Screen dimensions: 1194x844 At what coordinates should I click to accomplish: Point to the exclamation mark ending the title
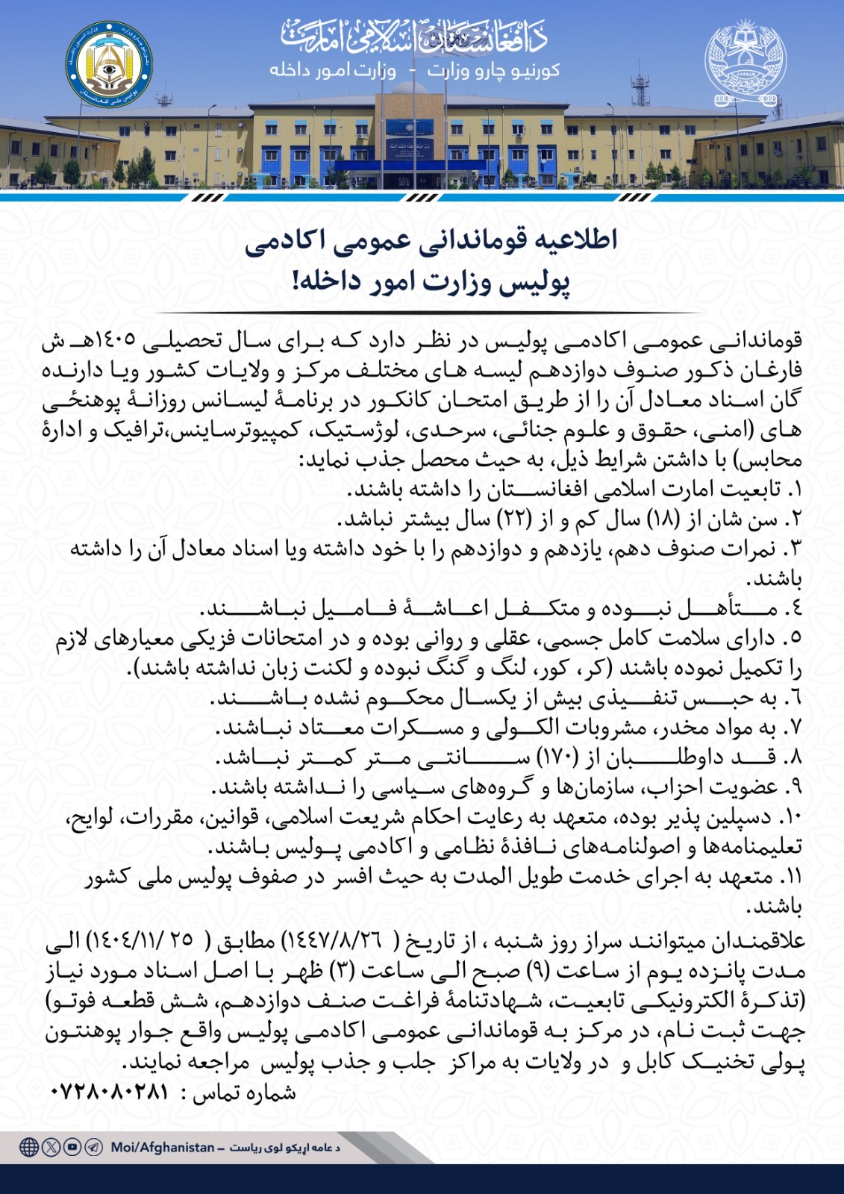[297, 282]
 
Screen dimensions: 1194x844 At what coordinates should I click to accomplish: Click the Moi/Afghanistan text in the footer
[163, 1147]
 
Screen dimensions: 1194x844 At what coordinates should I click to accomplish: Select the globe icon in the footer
[29, 1147]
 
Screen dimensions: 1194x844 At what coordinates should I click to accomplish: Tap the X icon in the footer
[51, 1147]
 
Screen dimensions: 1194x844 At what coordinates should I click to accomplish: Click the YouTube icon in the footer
[72, 1147]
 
